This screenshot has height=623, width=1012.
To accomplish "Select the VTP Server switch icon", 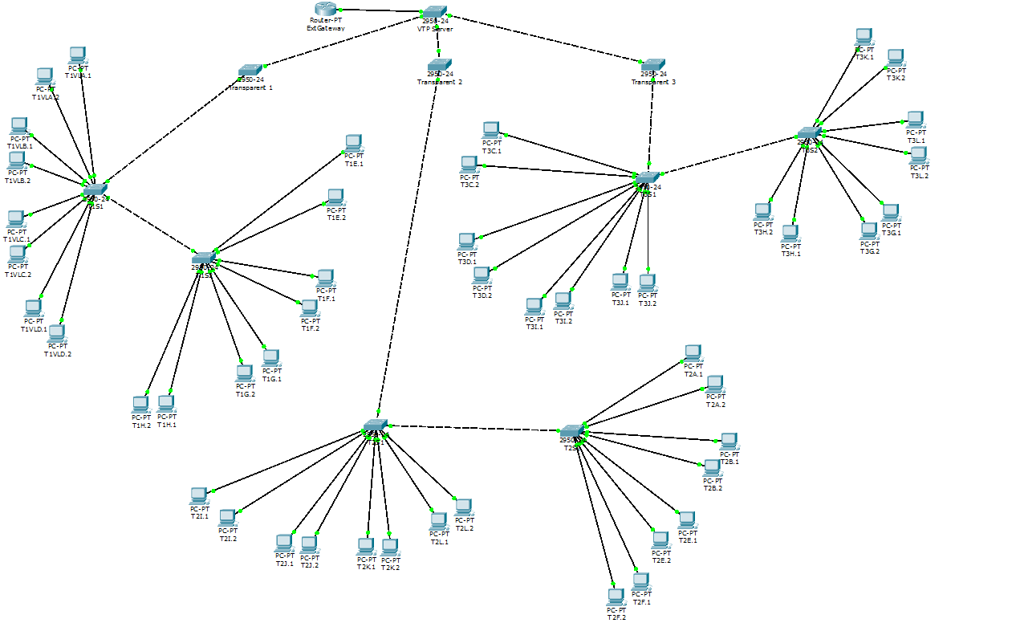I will point(434,13).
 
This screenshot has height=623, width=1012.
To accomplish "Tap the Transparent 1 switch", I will point(250,71).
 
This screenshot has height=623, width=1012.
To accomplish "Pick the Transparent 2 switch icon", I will point(440,64).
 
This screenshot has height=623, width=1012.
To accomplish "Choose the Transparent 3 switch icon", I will point(653,65).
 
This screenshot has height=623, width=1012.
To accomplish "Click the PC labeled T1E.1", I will point(353,144).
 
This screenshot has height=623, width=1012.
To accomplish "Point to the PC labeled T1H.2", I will point(140,404).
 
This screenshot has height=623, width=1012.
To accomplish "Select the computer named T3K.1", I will point(864,37).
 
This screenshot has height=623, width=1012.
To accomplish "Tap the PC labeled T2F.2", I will point(616,597).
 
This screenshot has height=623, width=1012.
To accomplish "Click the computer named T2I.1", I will point(198,495).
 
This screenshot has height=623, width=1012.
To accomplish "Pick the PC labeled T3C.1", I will point(491,130).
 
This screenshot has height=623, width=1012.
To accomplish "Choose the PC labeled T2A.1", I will point(693,353).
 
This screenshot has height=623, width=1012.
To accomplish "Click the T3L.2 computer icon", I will point(919,155).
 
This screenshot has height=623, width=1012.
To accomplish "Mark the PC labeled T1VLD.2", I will point(57,333).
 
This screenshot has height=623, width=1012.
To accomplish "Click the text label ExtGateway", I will point(325,28).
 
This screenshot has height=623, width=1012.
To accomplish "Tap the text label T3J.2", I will point(647,303).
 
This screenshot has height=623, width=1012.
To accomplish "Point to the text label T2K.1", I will point(366,568).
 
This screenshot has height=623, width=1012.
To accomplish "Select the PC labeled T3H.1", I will point(790,234).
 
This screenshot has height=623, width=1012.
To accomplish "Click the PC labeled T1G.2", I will point(245,373).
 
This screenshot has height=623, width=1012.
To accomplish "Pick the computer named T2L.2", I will point(463,507).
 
